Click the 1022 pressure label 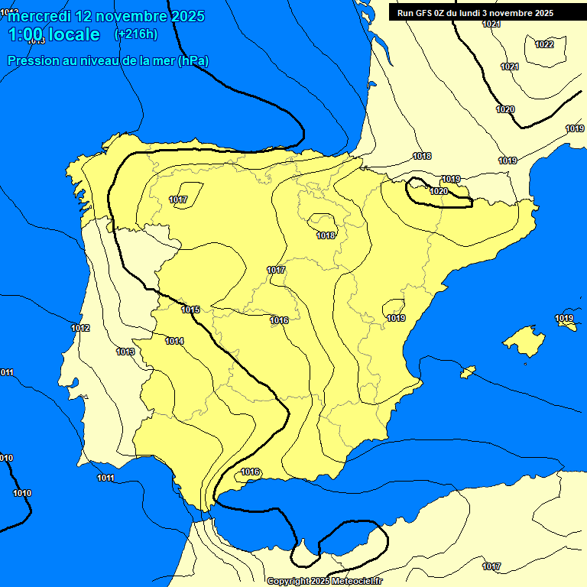point(544,44)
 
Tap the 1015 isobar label point(190,310)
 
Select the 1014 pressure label point(174,341)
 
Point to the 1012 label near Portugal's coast point(80,329)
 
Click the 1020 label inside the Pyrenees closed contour point(439,191)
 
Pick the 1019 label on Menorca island point(564,318)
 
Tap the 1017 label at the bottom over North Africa point(491,566)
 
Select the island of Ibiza point(467,371)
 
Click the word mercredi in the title point(40,16)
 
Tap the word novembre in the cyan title point(136,16)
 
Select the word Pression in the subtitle point(31,60)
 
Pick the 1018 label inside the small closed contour point(326,235)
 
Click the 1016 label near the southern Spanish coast point(251,472)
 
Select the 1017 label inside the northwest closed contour point(178,200)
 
